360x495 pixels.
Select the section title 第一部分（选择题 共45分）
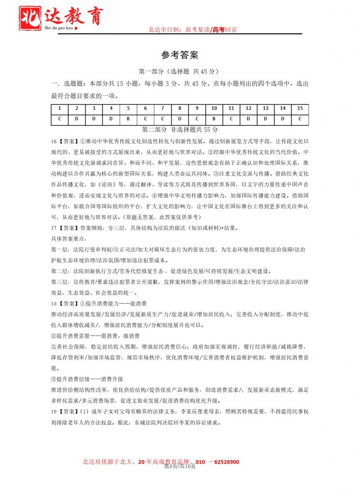point(180,72)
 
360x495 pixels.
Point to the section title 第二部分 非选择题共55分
point(180,130)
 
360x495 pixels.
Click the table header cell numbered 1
point(59,109)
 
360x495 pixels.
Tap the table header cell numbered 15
point(300,109)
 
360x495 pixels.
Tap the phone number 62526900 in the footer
point(223,462)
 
